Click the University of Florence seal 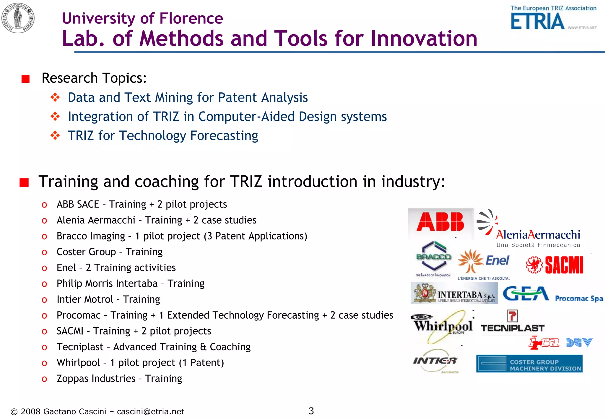click(x=18, y=18)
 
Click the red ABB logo click(x=440, y=222)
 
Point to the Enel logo click(x=484, y=263)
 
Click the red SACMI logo click(x=554, y=265)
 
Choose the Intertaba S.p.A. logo click(x=454, y=293)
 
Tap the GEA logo click(x=526, y=294)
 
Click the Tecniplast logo click(x=513, y=322)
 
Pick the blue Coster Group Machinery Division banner click(x=529, y=364)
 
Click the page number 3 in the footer click(x=311, y=411)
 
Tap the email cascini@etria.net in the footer click(x=150, y=412)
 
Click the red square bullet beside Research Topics click(x=26, y=79)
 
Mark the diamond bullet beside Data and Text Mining click(x=55, y=97)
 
